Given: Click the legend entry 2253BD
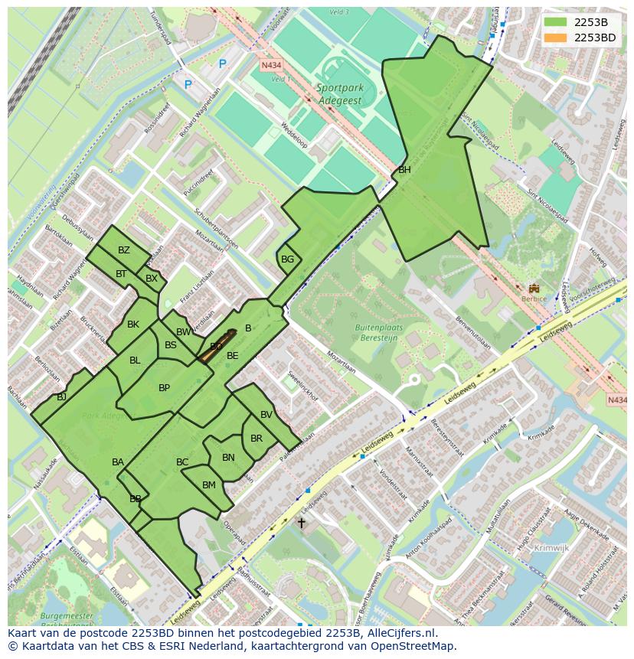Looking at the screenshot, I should [x=594, y=38].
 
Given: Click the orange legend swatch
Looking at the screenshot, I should [x=556, y=38].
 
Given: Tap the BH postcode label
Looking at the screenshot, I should [x=404, y=170].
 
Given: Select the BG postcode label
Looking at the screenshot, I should [x=287, y=259].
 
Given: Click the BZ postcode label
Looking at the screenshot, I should [x=124, y=250].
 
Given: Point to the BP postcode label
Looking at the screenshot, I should [x=164, y=388].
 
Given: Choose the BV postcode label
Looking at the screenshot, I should [x=266, y=415].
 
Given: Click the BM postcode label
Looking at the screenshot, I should [x=209, y=485].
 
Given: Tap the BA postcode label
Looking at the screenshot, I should [x=118, y=462].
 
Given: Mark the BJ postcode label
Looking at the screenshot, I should [x=62, y=397].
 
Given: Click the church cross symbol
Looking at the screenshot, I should [x=301, y=524].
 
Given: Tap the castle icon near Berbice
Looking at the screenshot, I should [x=534, y=289].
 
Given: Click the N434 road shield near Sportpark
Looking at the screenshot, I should [x=271, y=66].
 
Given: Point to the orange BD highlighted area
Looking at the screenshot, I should [x=217, y=346].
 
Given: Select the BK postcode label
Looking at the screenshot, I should [x=133, y=325].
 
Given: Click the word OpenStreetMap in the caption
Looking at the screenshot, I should [x=415, y=646].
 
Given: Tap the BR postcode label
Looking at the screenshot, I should [x=257, y=439].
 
